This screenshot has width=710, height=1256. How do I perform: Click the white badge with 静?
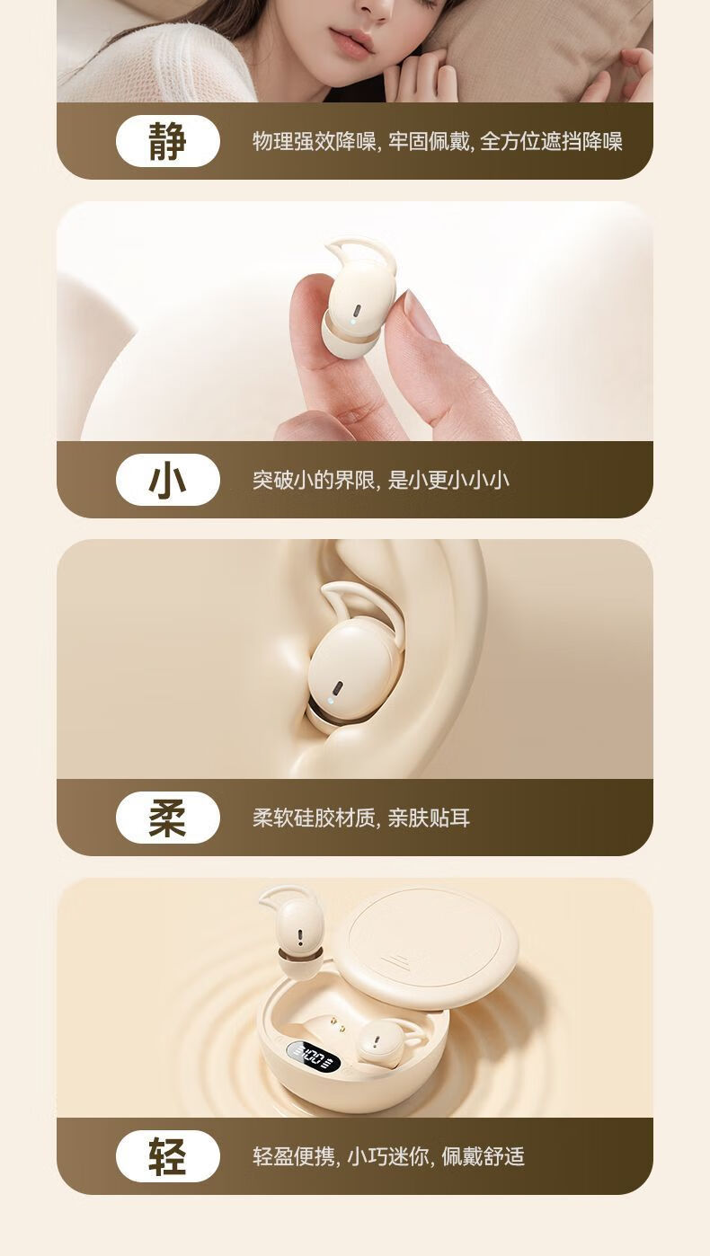(168, 141)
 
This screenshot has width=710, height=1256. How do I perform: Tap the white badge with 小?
(168, 480)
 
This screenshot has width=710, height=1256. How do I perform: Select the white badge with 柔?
(168, 818)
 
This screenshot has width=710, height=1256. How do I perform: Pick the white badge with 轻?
(168, 1157)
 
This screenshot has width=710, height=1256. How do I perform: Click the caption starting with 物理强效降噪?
(438, 141)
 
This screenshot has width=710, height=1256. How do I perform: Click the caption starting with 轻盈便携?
(388, 1157)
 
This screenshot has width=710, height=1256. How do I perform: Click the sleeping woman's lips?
(351, 42)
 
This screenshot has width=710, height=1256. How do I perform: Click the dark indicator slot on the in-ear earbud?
(338, 687)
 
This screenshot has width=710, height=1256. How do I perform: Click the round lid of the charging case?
(430, 948)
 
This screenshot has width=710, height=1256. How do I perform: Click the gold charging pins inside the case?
(335, 1025)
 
